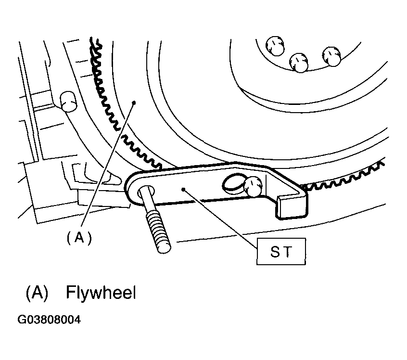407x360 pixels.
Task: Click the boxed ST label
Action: coord(281,251)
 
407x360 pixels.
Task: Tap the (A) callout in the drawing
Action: coord(79,237)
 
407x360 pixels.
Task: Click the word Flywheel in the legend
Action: coord(101,293)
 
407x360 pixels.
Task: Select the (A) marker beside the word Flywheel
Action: coord(37,293)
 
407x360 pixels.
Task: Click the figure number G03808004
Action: coord(49,320)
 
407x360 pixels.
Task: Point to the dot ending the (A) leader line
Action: coord(134,103)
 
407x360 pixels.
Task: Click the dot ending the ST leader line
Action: coord(183,189)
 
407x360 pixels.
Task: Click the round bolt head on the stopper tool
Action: coord(253,186)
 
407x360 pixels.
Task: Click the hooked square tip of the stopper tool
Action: coord(292,207)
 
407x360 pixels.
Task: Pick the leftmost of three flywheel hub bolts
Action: coord(275,46)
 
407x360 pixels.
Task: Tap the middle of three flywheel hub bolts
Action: coord(299,63)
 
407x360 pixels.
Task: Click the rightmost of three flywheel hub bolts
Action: coord(331,56)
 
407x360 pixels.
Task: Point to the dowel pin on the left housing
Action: coord(68,101)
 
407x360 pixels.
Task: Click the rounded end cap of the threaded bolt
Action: coord(164,247)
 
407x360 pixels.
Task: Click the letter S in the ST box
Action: coord(275,251)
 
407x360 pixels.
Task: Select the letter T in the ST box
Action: coord(287,251)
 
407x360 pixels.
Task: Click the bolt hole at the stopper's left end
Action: coord(147,192)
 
